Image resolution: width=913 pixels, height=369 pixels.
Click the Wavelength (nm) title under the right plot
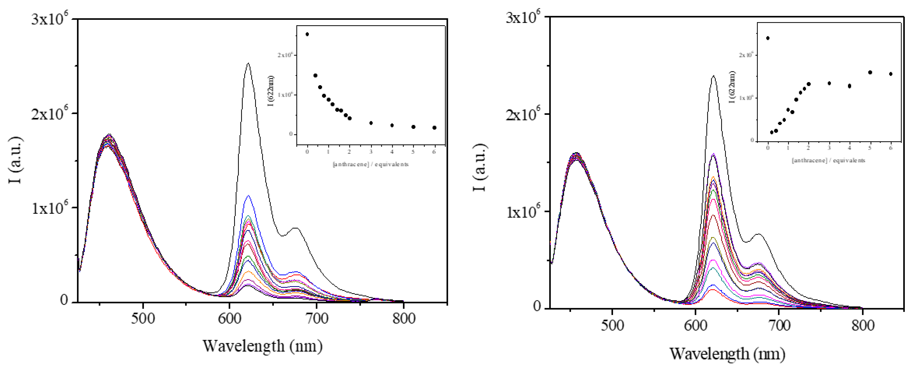click(727, 354)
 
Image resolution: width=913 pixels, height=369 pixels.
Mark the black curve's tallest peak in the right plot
click(713, 76)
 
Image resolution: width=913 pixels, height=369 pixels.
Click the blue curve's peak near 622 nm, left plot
click(248, 195)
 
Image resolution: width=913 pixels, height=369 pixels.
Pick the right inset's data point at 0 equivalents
click(768, 38)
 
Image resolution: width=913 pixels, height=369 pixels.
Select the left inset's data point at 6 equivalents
click(435, 128)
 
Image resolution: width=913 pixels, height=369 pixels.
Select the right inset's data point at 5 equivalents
click(870, 72)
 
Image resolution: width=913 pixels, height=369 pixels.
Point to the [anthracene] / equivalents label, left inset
click(370, 164)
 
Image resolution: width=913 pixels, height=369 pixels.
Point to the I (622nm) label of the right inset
click(732, 87)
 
